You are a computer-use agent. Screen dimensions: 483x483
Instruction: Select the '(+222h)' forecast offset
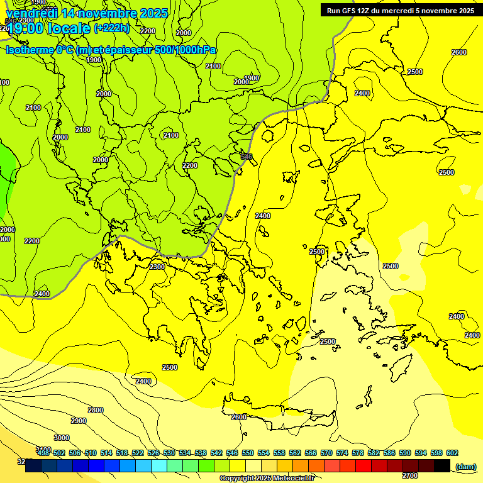click(x=111, y=28)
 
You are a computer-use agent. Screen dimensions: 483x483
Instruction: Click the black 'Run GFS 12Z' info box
click(x=400, y=10)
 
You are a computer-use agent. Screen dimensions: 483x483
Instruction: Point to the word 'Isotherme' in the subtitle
click(x=29, y=50)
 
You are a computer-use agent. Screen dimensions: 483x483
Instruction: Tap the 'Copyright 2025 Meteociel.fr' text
click(x=267, y=478)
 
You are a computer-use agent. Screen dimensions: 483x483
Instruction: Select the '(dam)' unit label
click(x=465, y=467)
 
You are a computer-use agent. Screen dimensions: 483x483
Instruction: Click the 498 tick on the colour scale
click(x=43, y=453)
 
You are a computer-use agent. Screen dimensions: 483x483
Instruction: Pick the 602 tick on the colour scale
click(x=452, y=453)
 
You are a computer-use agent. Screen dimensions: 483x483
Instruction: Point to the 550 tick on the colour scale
click(x=247, y=453)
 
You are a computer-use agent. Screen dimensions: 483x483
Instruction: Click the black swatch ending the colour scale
click(x=442, y=465)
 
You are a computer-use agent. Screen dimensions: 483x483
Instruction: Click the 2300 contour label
click(x=157, y=267)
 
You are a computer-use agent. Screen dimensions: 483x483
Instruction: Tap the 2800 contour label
click(x=95, y=410)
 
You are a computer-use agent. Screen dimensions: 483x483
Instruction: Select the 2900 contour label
click(x=79, y=421)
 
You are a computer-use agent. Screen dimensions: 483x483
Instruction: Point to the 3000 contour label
click(x=62, y=438)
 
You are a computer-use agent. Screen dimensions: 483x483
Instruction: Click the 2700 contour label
click(x=410, y=475)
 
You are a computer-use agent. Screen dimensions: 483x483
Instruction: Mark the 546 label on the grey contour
click(x=246, y=157)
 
